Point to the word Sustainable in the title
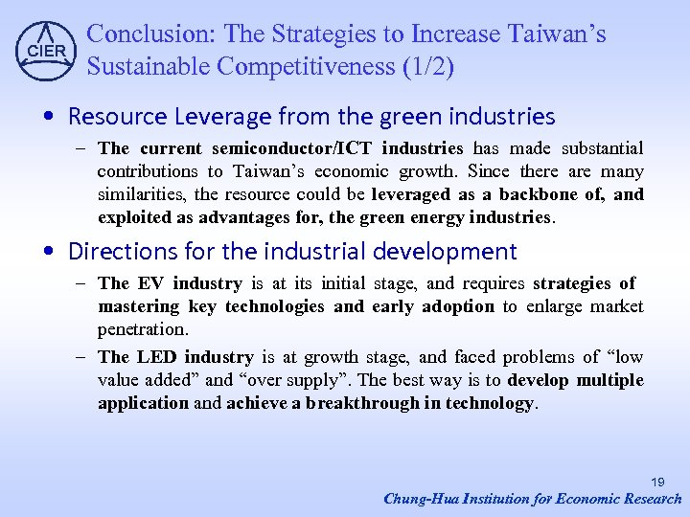click(x=148, y=67)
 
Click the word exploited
click(x=131, y=217)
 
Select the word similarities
click(x=137, y=194)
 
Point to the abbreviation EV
click(x=150, y=283)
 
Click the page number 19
click(x=658, y=482)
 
